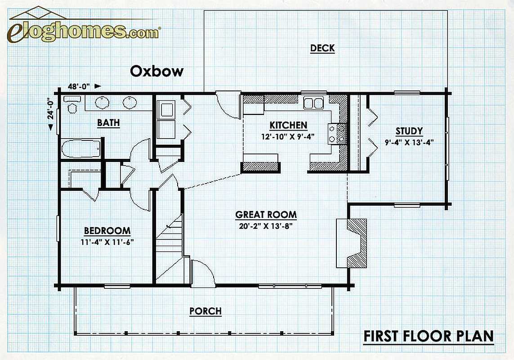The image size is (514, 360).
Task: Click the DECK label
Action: tap(322, 48)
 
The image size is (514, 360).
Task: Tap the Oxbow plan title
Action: tap(156, 71)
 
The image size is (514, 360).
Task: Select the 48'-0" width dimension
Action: tap(79, 87)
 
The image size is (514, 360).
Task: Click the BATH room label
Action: tap(108, 123)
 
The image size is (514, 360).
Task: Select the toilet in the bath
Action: tap(72, 103)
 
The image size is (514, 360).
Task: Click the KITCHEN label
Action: tap(288, 126)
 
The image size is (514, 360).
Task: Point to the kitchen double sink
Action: tap(313, 103)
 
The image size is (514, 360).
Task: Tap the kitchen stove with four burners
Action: tap(337, 134)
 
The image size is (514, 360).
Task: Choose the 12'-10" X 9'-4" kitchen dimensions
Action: tap(288, 136)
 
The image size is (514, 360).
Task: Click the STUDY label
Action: tap(409, 131)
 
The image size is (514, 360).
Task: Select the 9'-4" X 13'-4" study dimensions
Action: tap(409, 142)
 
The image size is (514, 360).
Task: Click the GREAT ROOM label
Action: tap(266, 215)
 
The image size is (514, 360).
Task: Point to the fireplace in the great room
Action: tap(351, 243)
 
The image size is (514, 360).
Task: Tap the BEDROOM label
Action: tap(107, 231)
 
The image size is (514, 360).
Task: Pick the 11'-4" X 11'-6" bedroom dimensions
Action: tap(107, 243)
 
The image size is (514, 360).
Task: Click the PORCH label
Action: tap(206, 311)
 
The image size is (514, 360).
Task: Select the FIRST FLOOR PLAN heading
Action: tap(429, 336)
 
